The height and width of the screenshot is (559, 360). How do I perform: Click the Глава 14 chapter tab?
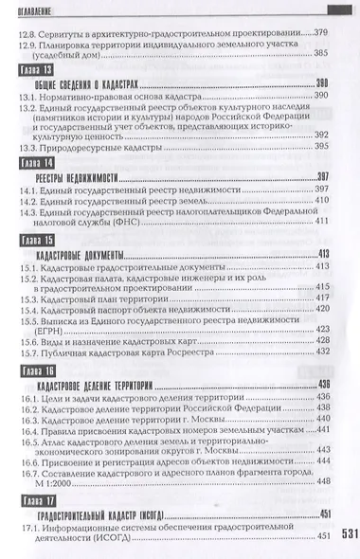(x=35, y=163)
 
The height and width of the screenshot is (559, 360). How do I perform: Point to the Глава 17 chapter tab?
(x=35, y=499)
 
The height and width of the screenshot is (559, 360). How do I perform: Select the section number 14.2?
(x=30, y=200)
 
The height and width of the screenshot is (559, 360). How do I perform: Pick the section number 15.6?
(x=29, y=336)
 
